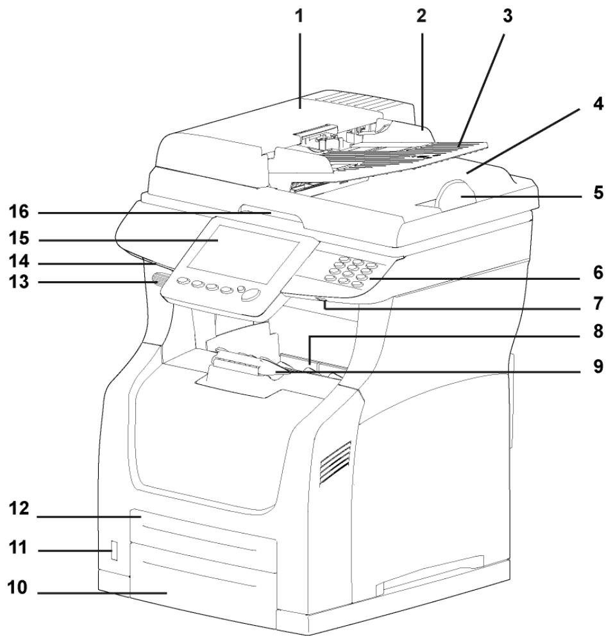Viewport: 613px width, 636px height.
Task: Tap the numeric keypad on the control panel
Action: pos(350,270)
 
